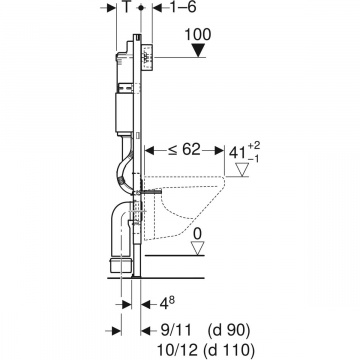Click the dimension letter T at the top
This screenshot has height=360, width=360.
(127, 7)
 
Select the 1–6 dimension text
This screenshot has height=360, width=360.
(183, 7)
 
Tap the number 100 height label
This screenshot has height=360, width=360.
(198, 35)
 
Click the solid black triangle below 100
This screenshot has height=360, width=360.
(199, 51)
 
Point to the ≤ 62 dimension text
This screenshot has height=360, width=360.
(184, 150)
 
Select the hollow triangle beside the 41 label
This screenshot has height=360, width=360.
(242, 170)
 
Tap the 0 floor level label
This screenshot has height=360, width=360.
(198, 234)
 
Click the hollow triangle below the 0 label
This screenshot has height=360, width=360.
(198, 249)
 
